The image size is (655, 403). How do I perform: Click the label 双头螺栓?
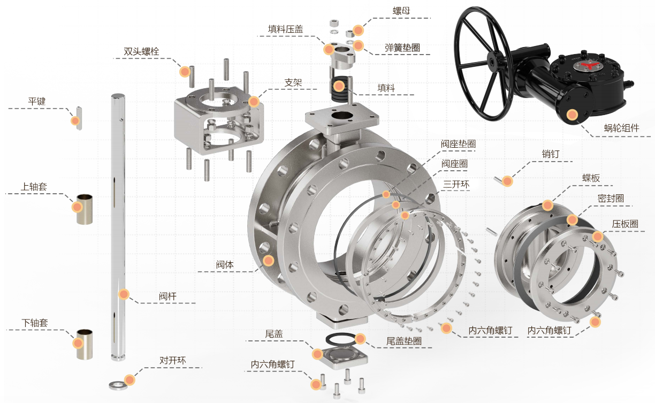click(141, 52)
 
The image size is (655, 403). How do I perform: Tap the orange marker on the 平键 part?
click(75, 120)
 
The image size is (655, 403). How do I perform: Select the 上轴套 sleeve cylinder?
click(85, 209)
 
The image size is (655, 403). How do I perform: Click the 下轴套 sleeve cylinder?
click(85, 344)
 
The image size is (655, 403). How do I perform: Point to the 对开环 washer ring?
click(115, 384)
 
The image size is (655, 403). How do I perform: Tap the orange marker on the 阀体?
click(269, 261)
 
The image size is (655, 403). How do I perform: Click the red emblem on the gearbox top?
click(588, 66)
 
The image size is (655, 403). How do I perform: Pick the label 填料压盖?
click(285, 29)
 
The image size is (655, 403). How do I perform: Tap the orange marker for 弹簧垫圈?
click(358, 45)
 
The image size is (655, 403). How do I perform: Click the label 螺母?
click(401, 10)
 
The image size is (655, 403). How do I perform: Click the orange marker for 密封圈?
click(572, 219)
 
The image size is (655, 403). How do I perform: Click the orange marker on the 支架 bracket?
click(254, 101)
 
